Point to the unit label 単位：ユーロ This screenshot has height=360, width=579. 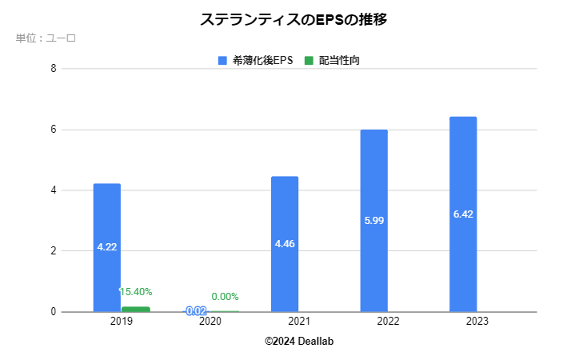pos(46,38)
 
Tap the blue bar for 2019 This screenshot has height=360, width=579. pos(107,247)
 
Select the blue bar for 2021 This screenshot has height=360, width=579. pos(285,244)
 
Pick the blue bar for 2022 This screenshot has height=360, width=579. pos(373,221)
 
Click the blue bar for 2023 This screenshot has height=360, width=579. pos(463,214)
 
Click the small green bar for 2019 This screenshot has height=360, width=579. pos(136,309)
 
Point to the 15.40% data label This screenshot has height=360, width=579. pos(136,292)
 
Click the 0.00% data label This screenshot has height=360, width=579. pos(225,297)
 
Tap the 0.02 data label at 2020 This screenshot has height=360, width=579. pos(196,310)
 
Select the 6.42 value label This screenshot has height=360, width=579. pos(463,214)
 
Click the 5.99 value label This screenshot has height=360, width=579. pos(373,221)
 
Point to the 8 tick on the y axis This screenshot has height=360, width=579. pos(53,69)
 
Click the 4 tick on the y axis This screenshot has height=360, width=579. pos(53,190)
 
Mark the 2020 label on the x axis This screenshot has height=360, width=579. pos(210,322)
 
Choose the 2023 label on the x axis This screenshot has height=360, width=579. pos(477,322)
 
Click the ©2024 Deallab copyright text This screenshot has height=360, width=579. pos(299,341)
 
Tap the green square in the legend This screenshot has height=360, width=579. pos(309,61)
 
